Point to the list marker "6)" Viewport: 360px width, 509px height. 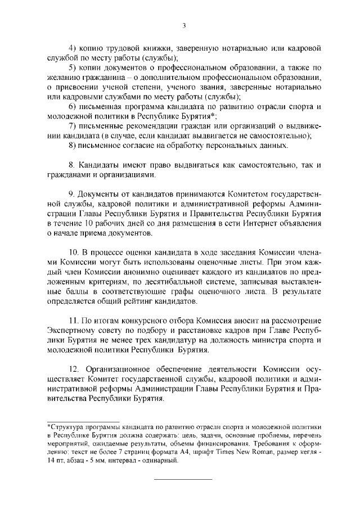pos(73,106)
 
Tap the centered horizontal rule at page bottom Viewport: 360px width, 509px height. pos(183,479)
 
